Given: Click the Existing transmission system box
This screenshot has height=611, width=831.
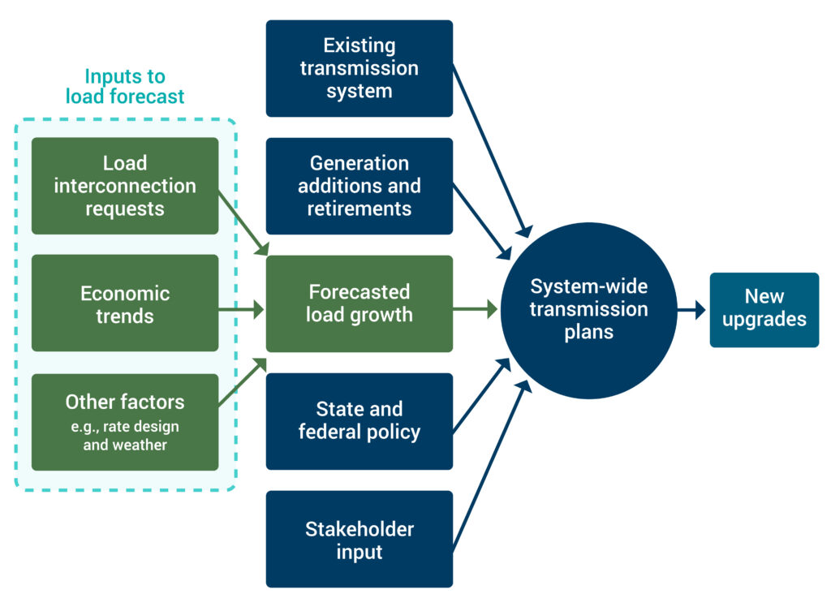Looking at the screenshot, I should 359,68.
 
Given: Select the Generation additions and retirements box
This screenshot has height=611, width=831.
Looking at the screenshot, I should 359,186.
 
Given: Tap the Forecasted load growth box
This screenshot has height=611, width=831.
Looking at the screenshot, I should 359,303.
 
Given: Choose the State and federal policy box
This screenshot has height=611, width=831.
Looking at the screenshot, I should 359,420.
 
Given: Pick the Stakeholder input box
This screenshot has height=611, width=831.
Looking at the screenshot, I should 359,540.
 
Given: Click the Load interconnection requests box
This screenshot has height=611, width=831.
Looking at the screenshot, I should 125,186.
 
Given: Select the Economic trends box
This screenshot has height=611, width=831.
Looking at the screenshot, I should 125,303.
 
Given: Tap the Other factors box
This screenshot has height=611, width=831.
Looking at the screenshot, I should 125,421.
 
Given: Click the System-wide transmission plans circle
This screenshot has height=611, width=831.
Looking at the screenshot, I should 587,309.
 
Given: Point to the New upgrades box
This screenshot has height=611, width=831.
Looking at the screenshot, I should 764,309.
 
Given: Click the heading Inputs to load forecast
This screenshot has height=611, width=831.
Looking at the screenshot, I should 125,87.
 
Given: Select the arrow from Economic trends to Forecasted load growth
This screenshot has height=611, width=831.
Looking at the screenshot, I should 242,308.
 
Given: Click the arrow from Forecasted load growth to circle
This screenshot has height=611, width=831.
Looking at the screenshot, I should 475,308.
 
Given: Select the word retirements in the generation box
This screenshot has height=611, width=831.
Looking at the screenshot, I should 359,209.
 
